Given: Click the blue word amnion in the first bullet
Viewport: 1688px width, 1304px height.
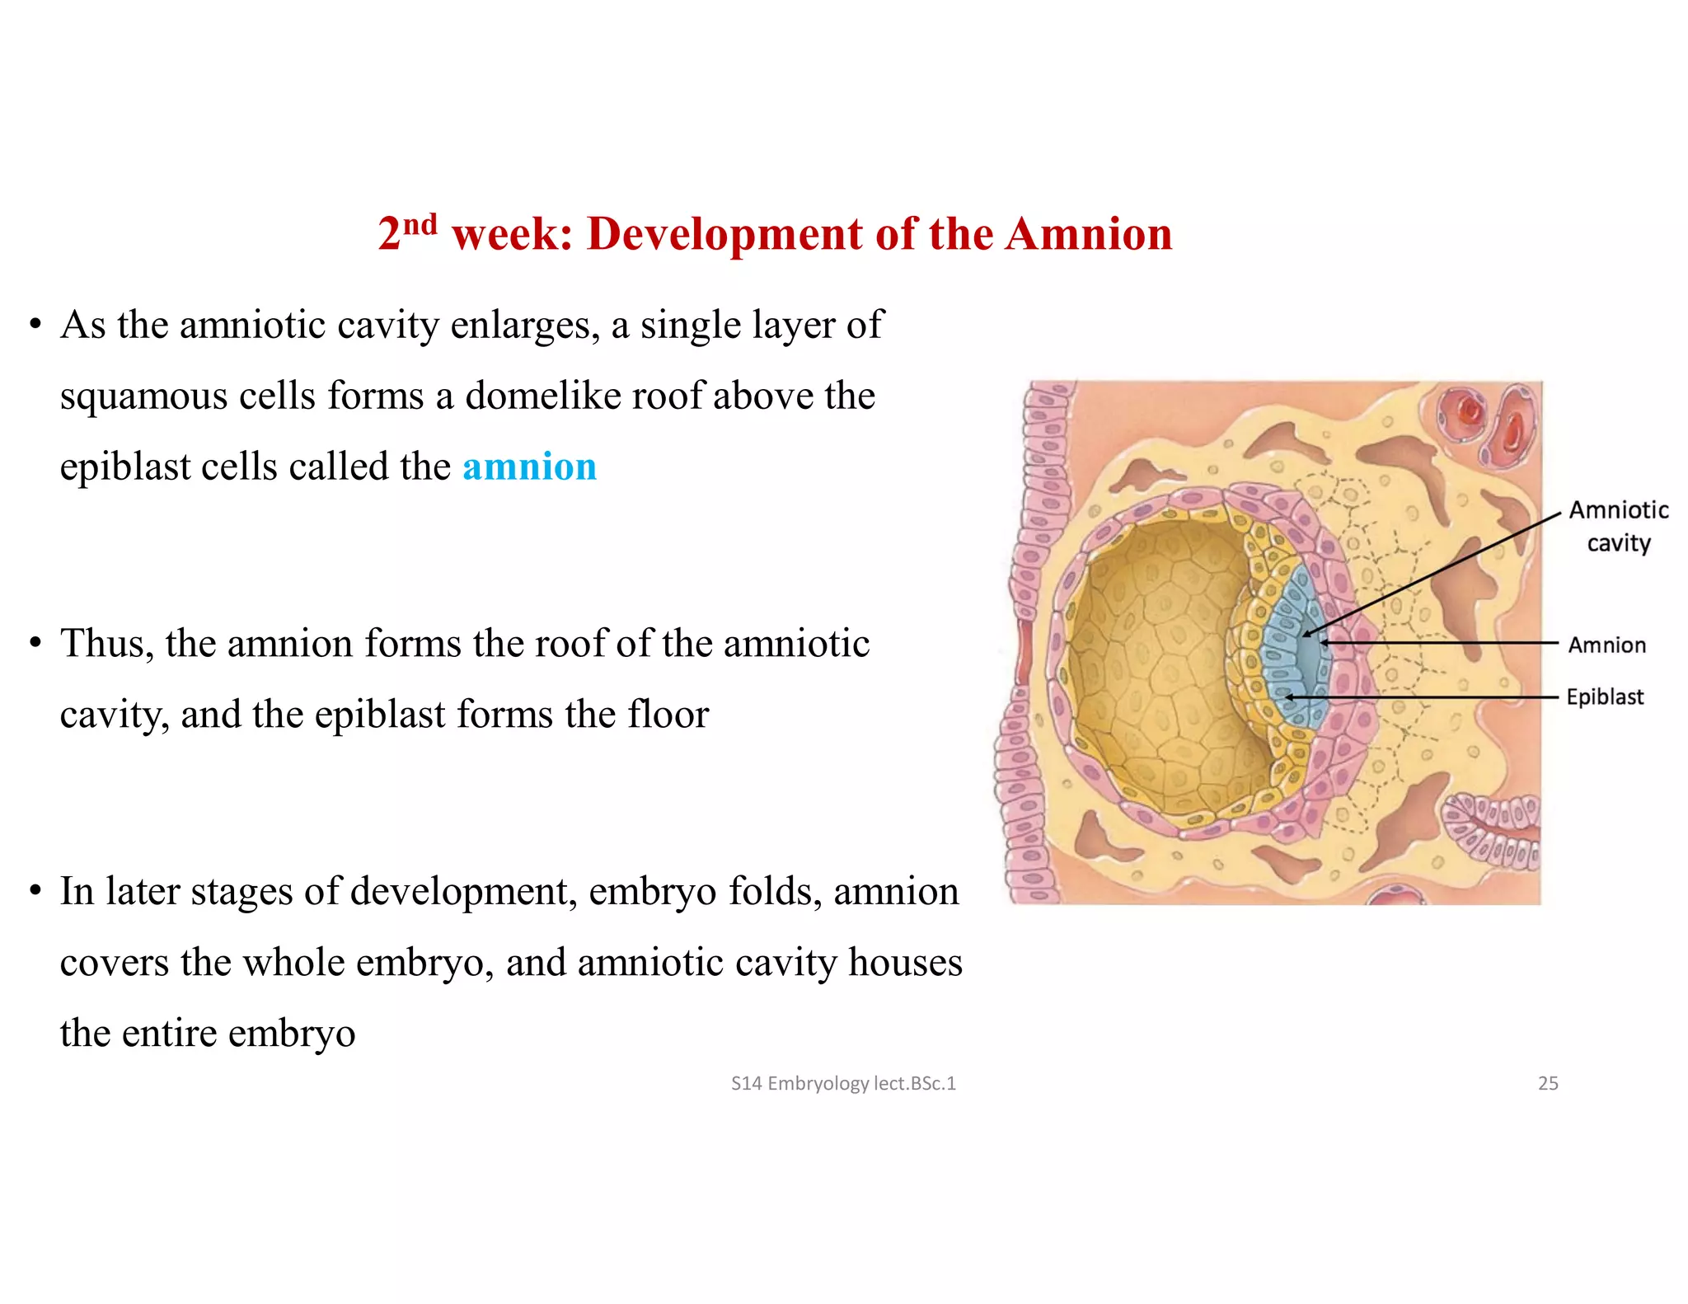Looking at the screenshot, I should click(529, 467).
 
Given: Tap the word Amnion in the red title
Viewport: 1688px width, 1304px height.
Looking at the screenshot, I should click(1089, 234).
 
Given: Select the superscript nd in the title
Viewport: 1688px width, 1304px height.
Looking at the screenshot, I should click(420, 224).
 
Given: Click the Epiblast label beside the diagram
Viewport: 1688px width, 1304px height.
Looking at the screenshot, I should click(1605, 697).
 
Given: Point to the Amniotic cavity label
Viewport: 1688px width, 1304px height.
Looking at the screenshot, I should click(1619, 526).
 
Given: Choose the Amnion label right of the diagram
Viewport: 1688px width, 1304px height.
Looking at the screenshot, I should click(1606, 645).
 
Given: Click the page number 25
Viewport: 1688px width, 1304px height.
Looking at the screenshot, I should click(1548, 1083).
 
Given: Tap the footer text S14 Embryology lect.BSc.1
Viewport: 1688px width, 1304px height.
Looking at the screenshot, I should click(843, 1083).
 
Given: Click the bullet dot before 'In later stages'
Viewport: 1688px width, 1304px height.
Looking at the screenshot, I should click(35, 892).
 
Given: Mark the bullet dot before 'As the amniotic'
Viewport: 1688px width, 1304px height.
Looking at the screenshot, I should click(35, 326).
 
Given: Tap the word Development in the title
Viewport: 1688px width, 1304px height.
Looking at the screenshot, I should click(725, 234).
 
